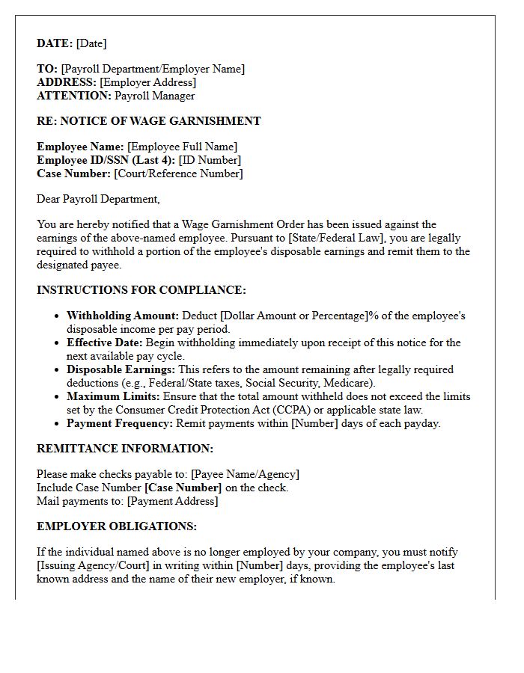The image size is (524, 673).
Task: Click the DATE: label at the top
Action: [x=55, y=43]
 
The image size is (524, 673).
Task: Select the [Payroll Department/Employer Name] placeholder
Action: [x=153, y=69]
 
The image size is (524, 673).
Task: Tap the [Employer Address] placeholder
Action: [x=147, y=82]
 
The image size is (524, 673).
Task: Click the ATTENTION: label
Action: [x=73, y=96]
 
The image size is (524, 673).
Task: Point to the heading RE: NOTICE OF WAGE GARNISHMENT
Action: [x=148, y=121]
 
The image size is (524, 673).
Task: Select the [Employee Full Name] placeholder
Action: [x=182, y=147]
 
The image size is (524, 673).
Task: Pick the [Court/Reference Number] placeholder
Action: [x=178, y=173]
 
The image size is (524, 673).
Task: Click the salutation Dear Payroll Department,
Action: [x=98, y=199]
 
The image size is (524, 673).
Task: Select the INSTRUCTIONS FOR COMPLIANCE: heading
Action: [x=141, y=290]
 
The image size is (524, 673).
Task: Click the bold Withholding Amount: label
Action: [x=123, y=316]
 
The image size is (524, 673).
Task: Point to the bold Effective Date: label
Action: [x=105, y=342]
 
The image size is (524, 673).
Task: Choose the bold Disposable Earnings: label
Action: [x=121, y=369]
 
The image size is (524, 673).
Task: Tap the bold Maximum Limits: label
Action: [x=113, y=396]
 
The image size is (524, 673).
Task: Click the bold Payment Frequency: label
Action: [x=120, y=423]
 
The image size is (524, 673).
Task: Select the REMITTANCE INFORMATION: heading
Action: [x=125, y=449]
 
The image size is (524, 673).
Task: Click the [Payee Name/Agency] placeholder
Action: [x=245, y=474]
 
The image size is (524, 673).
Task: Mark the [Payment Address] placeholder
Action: [x=172, y=501]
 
